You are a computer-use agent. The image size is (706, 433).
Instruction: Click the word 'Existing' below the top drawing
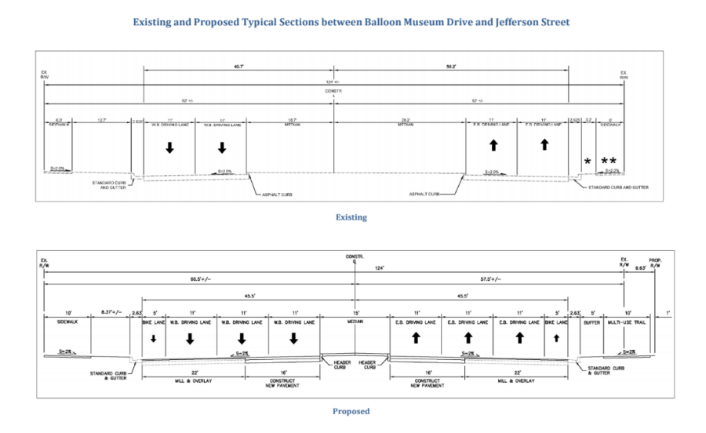[351, 217]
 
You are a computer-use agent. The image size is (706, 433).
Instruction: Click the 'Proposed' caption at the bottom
[351, 411]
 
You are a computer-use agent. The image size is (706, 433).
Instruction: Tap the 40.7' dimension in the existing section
[239, 67]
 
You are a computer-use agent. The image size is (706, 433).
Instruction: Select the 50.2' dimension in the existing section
[450, 67]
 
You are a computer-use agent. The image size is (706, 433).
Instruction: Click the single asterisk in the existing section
[587, 162]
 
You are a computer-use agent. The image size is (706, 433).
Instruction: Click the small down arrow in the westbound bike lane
[154, 339]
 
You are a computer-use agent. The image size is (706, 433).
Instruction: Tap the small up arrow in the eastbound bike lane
[556, 339]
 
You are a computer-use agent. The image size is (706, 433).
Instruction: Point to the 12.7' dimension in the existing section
[102, 119]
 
